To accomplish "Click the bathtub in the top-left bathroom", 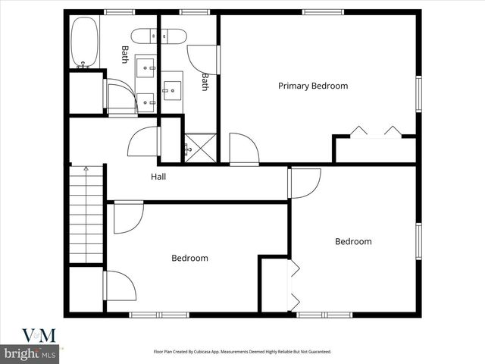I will [84, 42].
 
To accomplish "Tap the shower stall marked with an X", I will [200, 147].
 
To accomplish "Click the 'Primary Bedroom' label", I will [313, 86].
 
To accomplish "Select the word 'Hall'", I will [158, 177].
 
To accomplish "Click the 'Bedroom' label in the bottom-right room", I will [353, 241].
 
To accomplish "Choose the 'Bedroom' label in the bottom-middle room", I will [189, 258].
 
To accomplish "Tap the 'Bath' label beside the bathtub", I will [125, 55].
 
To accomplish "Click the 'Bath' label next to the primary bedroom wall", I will [205, 82].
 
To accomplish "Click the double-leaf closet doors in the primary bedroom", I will [375, 132].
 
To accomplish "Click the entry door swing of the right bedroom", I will [305, 182].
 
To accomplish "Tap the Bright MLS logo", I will [30, 353].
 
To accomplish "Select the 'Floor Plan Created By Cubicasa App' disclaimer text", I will [242, 352].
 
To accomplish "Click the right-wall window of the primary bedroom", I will [418, 95].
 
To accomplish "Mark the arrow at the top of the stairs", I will [86, 169].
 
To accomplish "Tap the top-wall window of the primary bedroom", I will [323, 12].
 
